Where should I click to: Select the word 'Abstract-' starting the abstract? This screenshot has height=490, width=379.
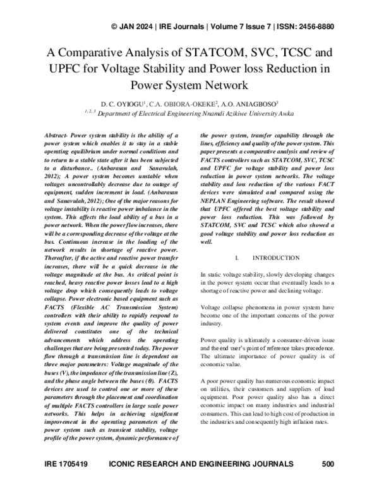[61, 136]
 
